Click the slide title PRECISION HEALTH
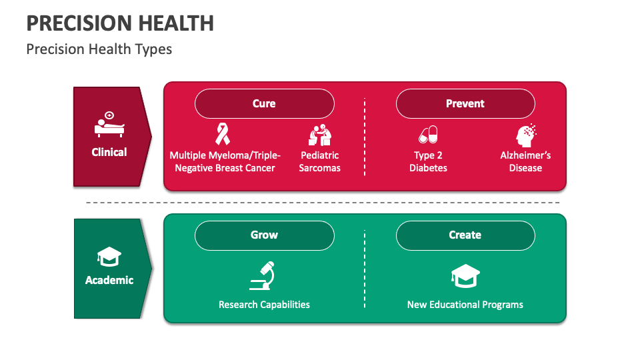(x=120, y=23)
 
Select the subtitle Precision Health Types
(x=99, y=49)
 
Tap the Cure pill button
(x=264, y=104)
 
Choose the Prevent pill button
(x=465, y=104)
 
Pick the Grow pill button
(x=264, y=235)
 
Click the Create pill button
(x=465, y=235)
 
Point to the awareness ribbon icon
(x=222, y=134)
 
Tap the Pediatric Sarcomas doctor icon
(x=320, y=135)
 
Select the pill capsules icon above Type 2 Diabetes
(x=428, y=135)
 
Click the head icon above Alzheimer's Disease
(x=526, y=135)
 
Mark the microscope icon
(x=264, y=275)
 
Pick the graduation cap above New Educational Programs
(x=465, y=275)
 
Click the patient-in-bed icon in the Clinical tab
(x=109, y=124)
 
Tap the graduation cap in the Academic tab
(x=109, y=256)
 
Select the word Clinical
(x=109, y=152)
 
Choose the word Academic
(x=109, y=280)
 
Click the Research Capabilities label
(x=264, y=305)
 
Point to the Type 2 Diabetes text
(x=428, y=161)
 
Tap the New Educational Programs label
(x=465, y=305)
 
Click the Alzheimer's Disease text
(x=526, y=161)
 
